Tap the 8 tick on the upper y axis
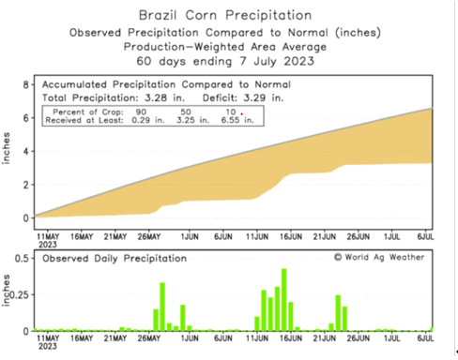click(25, 84)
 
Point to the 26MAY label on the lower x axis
click(152, 340)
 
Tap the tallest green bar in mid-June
click(283, 300)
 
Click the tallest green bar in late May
click(162, 307)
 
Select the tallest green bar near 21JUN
click(338, 312)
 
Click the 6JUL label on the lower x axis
click(425, 340)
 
